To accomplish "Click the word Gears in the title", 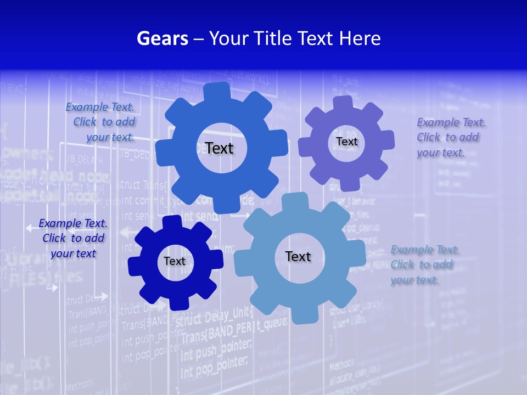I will point(162,38).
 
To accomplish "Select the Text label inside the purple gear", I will point(346,142).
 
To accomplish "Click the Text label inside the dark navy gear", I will point(175,261).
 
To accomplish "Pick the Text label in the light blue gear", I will point(298,256).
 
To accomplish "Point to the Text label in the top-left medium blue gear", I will point(219,148).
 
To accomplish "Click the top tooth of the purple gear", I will point(343,103).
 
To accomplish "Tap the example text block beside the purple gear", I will point(451,137).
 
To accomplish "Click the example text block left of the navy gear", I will point(73,238).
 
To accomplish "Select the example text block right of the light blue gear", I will point(424,264).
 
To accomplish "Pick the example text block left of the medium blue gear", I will point(100,122).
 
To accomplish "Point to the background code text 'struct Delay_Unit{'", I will point(217,317).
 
